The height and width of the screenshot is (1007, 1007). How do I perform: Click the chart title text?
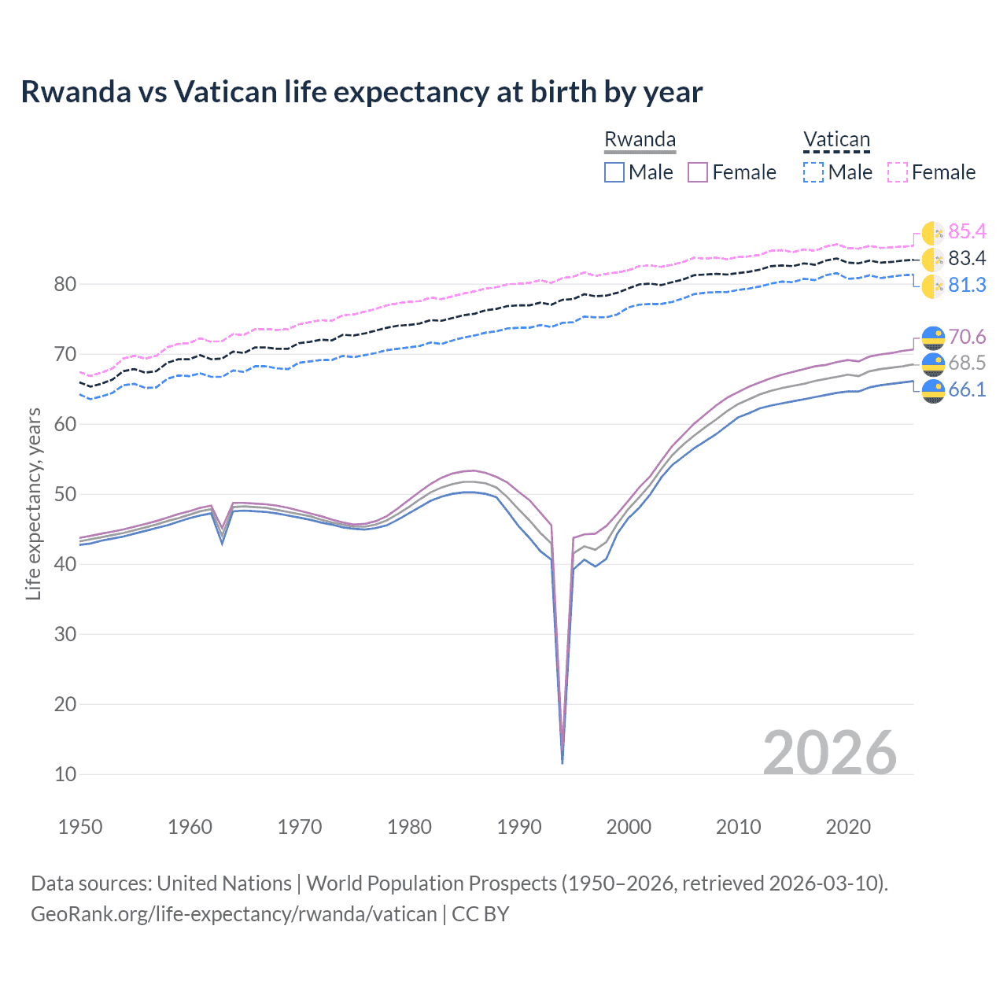(x=362, y=92)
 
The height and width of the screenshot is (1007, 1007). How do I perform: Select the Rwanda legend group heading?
(x=640, y=140)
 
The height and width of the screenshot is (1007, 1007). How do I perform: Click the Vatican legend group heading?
(x=836, y=140)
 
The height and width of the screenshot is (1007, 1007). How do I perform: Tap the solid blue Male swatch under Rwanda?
(x=614, y=172)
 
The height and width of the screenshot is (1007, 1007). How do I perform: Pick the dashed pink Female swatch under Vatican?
(x=898, y=172)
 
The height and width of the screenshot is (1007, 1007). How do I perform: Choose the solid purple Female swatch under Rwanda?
(x=699, y=172)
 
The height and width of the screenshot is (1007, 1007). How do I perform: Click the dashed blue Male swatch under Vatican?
(x=813, y=172)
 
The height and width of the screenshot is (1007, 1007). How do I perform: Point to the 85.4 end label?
(x=967, y=231)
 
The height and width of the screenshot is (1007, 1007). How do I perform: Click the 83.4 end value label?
(x=967, y=258)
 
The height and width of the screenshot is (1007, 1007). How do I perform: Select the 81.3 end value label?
(x=967, y=285)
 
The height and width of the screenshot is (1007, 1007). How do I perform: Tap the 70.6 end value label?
(x=967, y=337)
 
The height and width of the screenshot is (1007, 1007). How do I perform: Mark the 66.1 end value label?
(x=967, y=389)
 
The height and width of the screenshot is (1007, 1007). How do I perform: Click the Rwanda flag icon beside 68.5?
(x=933, y=363)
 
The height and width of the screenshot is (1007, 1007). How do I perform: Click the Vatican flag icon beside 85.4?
(x=933, y=233)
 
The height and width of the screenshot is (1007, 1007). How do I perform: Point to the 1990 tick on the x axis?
(x=519, y=827)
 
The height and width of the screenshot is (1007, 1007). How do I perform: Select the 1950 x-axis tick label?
(x=81, y=827)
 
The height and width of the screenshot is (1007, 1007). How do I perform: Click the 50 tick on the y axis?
(x=65, y=494)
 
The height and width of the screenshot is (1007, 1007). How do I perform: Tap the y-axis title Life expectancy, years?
(x=34, y=503)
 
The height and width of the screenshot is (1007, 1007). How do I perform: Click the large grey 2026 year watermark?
(x=830, y=753)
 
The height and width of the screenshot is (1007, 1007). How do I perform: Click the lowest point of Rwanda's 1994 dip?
(x=562, y=762)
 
